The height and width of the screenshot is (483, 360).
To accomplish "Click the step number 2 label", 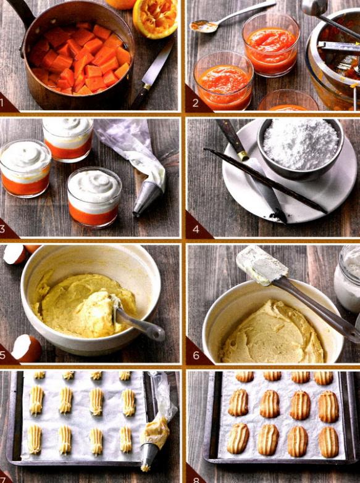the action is [x=196, y=103].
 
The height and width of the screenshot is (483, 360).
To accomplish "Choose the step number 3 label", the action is [x=2, y=229].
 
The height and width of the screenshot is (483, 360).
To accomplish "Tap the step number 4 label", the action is [x=196, y=229].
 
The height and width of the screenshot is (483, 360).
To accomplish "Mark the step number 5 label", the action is [x=2, y=355].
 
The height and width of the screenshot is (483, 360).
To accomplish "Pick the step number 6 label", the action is [x=196, y=355].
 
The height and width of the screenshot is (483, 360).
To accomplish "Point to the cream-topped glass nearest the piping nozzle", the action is [x=94, y=197].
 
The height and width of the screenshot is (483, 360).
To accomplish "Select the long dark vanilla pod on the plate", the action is [x=266, y=181].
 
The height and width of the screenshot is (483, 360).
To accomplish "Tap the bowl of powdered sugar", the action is [x=300, y=149].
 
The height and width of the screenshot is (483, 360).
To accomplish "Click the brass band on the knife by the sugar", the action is [x=243, y=155].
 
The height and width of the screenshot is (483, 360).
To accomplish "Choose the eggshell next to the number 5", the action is [x=26, y=349].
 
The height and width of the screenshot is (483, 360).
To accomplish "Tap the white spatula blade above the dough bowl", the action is [x=262, y=265].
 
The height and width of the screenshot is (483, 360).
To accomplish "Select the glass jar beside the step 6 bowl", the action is [x=348, y=278].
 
